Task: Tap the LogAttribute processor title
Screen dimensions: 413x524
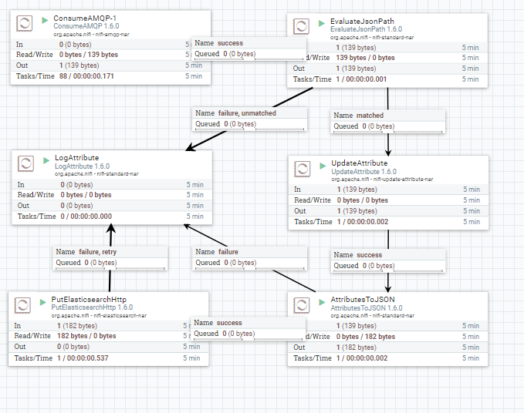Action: tap(76, 157)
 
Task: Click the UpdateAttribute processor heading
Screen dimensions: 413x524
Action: tap(359, 163)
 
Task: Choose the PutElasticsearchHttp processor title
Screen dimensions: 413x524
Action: tap(89, 299)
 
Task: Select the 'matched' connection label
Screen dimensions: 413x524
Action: tap(370, 116)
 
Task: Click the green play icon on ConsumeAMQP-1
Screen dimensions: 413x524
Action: tap(43, 18)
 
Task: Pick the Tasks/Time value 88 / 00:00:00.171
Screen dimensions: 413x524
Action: tap(96, 76)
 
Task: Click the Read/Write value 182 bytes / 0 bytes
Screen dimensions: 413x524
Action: tap(87, 336)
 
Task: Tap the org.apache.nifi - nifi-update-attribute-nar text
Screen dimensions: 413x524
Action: tap(382, 179)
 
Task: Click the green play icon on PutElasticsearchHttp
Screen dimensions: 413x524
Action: tap(43, 300)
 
